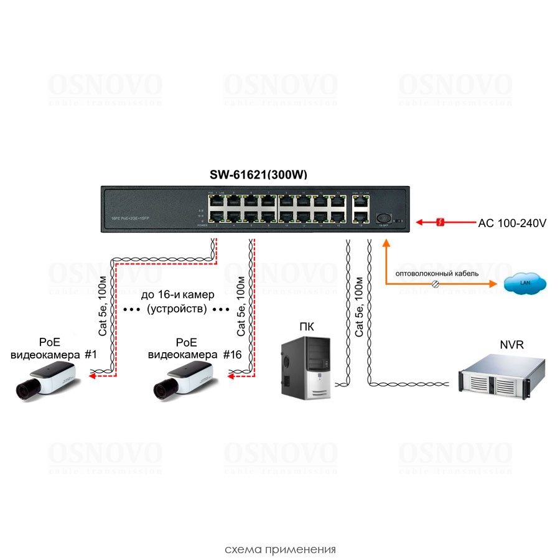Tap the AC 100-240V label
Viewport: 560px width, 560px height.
tap(512, 222)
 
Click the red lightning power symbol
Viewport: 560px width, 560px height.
tap(440, 222)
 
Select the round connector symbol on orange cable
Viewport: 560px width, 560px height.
tap(436, 284)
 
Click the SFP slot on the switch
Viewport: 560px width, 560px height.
tap(384, 218)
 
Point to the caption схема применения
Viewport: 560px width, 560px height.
tap(280, 549)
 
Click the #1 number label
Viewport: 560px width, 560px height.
tap(91, 355)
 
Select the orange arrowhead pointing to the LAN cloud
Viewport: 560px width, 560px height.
tap(494, 284)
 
